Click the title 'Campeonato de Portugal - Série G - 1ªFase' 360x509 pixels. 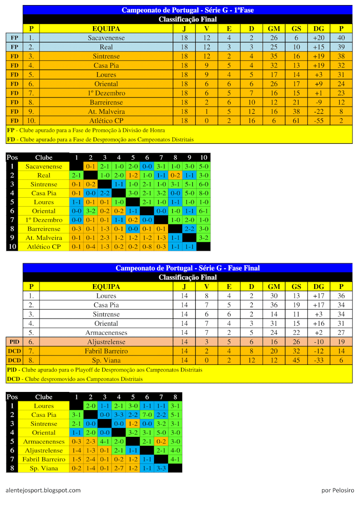click(187, 10)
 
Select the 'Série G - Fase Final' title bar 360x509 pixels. click(187, 268)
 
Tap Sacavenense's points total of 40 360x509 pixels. click(341, 38)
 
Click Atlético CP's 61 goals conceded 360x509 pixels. click(296, 120)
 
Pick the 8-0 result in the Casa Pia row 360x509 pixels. click(203, 193)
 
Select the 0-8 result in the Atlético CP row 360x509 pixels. click(147, 246)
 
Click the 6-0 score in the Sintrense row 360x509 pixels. click(203, 184)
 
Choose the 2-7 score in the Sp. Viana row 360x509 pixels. click(119, 468)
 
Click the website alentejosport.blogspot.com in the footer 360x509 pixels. click(43, 490)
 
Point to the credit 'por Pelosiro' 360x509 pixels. click(337, 490)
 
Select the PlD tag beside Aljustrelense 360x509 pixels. click(14, 342)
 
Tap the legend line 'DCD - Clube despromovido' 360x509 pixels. click(75, 379)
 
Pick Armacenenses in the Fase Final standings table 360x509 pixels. click(106, 333)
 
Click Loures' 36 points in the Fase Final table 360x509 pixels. click(341, 296)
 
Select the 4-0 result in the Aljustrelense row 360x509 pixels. click(175, 450)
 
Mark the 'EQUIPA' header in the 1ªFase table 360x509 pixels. click(106, 29)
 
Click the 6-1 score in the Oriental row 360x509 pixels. click(203, 211)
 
